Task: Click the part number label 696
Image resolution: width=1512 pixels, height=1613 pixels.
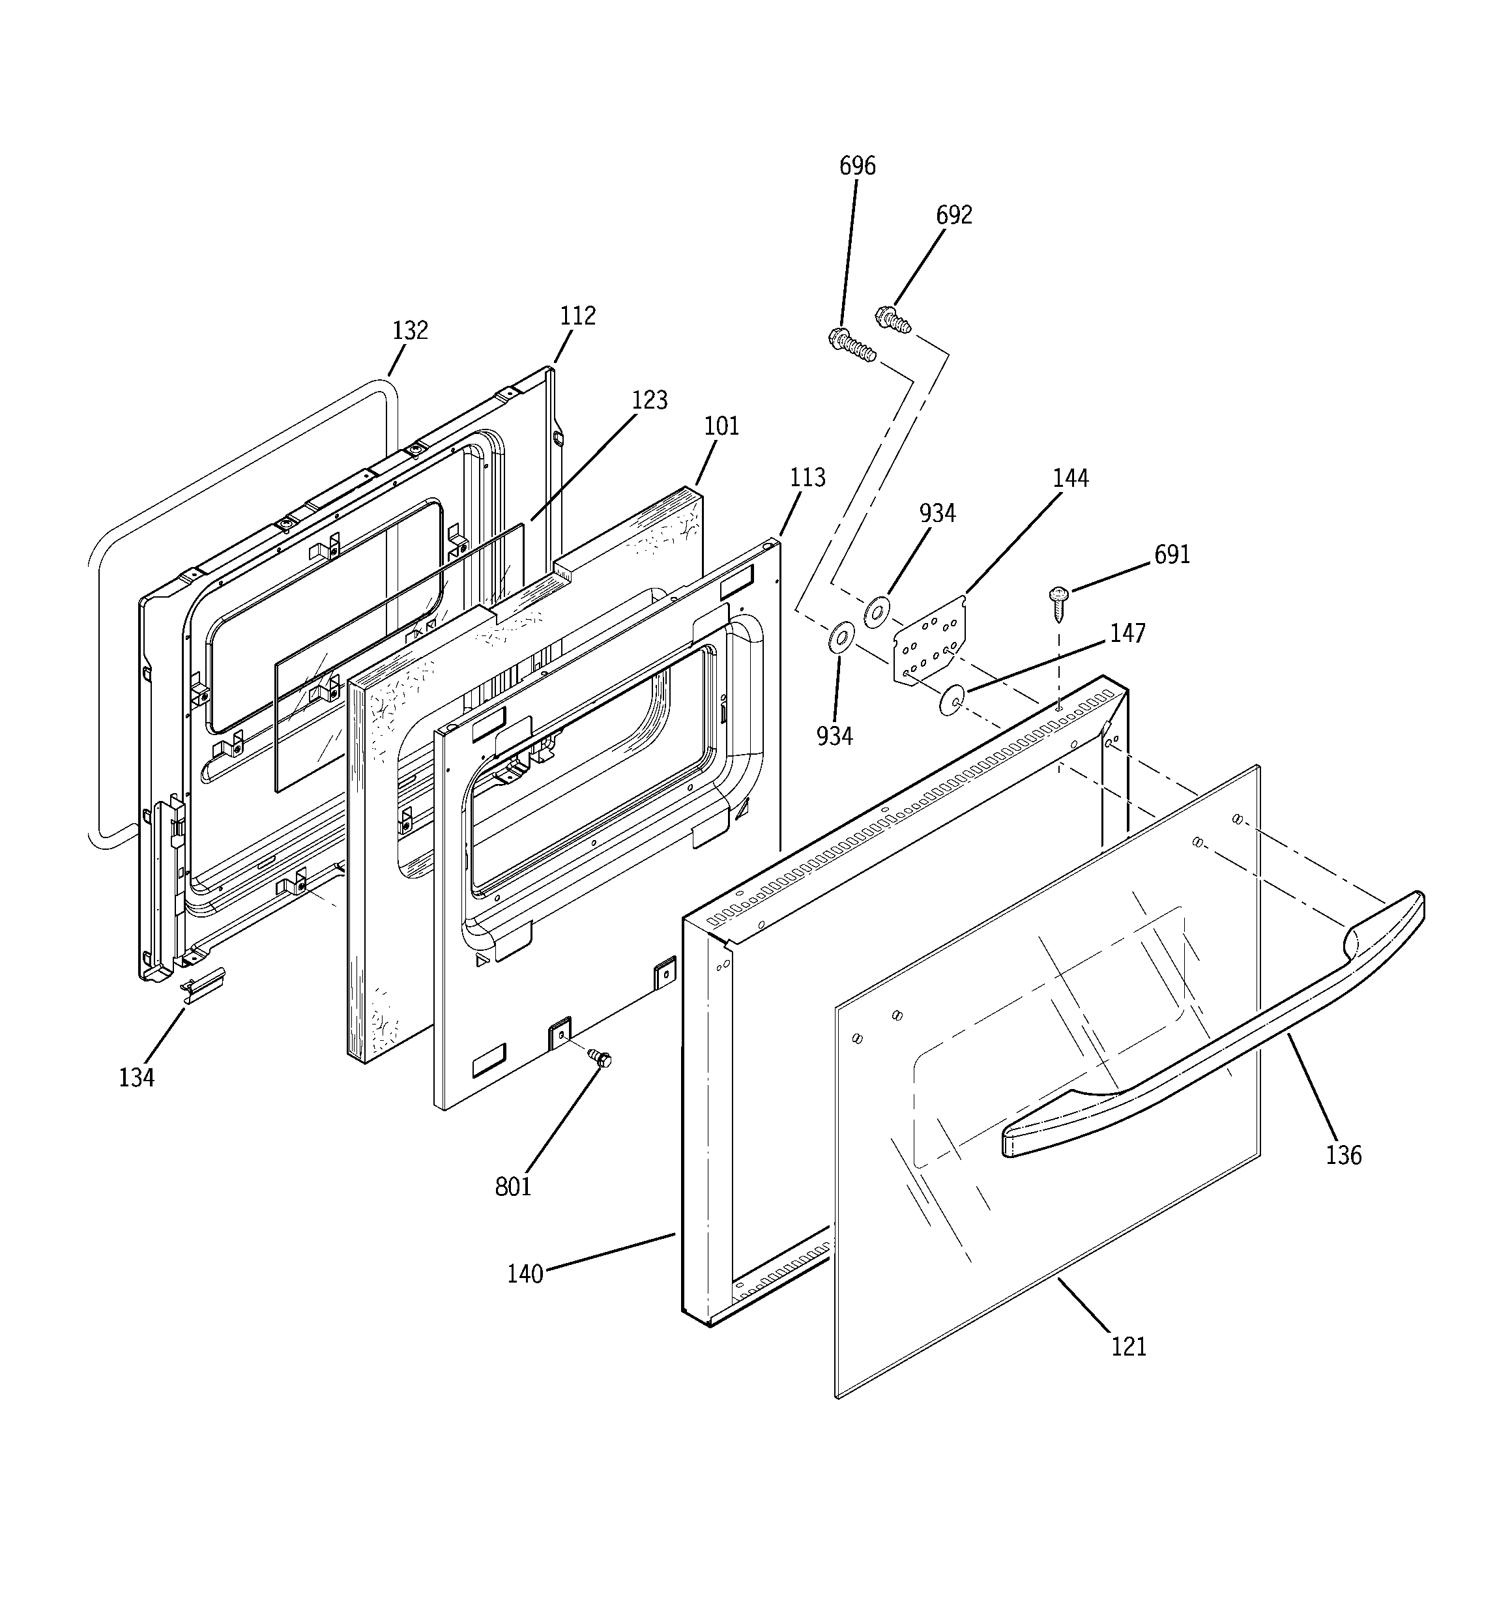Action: [857, 166]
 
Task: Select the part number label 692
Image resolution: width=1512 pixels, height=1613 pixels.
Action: [953, 215]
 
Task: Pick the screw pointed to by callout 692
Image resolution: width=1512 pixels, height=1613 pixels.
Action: [894, 318]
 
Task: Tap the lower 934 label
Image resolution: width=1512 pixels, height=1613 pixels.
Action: [834, 736]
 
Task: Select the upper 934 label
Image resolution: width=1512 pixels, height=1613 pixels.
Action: [937, 514]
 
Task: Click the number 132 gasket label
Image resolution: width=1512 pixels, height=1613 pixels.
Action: [410, 331]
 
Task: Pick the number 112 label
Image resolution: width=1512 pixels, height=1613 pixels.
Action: [577, 315]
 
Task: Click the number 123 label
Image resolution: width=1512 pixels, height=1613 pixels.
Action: [649, 400]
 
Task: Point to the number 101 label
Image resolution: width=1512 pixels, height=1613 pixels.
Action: [721, 426]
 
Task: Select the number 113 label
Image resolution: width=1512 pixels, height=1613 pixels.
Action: [807, 477]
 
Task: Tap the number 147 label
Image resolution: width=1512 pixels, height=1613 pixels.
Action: [1127, 633]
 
